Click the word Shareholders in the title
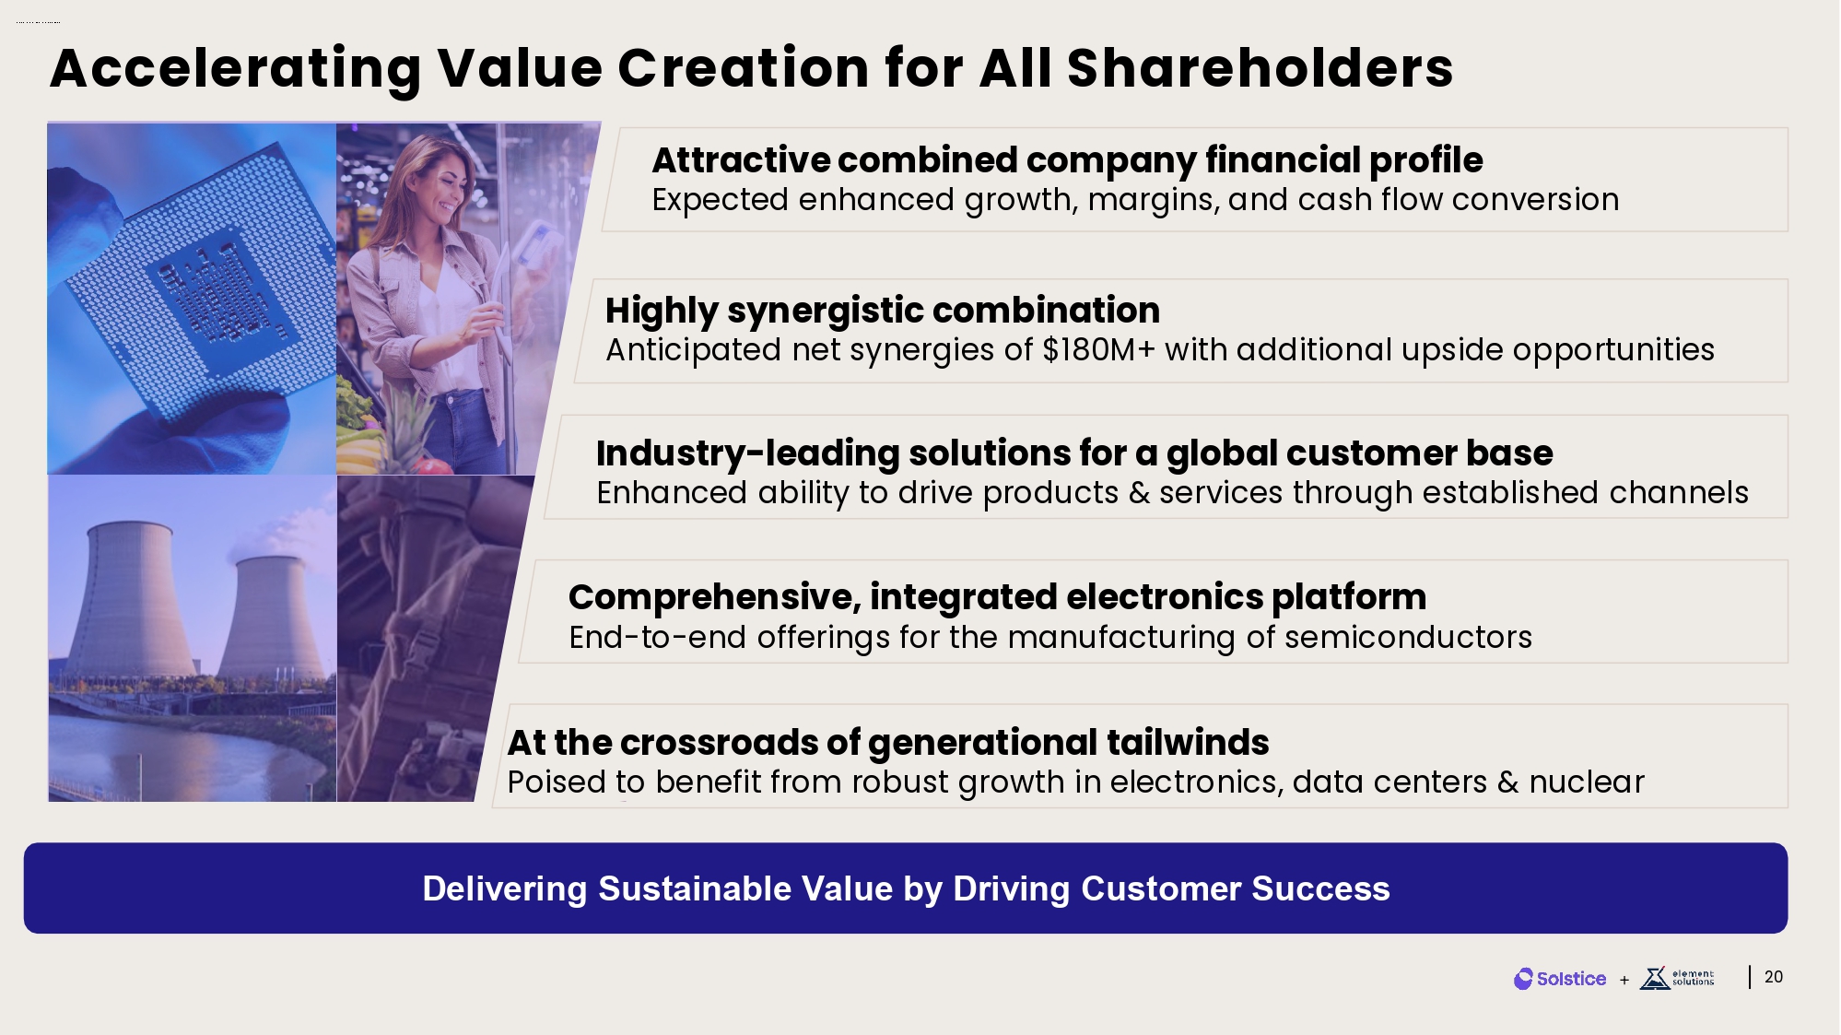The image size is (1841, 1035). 1260,68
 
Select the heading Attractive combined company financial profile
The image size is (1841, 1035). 1067,160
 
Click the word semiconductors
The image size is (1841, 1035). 1408,637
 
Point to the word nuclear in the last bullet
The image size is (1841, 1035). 1587,782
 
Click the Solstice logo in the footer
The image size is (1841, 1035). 1560,979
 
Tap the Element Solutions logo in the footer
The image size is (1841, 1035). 1677,978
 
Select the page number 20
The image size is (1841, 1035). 1774,977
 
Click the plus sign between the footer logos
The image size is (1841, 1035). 1624,980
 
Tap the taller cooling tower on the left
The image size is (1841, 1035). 129,599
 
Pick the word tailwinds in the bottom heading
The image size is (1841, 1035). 1188,742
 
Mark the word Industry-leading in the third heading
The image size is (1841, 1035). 747,454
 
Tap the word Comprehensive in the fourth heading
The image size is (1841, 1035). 715,598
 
